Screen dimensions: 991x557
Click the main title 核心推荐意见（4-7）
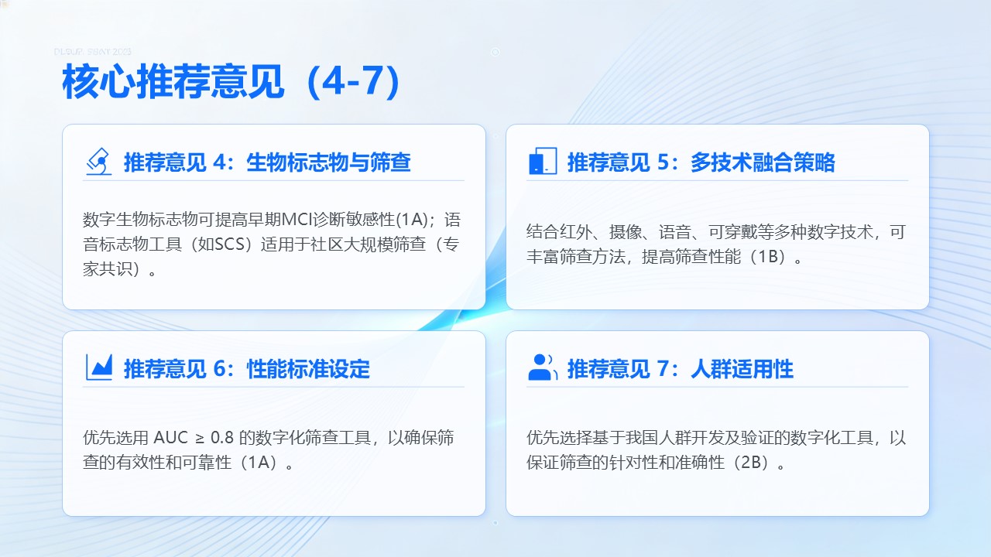coord(231,82)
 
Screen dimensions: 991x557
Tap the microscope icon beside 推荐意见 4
coord(99,162)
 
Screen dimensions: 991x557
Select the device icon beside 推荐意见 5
coord(543,161)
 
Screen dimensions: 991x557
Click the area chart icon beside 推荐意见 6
coord(99,367)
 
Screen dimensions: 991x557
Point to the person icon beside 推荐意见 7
coord(543,367)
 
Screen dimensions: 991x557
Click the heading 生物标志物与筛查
coord(329,162)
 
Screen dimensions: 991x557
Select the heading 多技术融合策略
coord(763,162)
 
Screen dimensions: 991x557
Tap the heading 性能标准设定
coord(308,369)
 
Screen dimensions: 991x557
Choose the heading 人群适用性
coord(742,369)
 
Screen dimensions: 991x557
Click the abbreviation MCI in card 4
coord(297,220)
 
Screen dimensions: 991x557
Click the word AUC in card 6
coord(171,438)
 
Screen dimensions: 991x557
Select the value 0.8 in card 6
coord(222,438)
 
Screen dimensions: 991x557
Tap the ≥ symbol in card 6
coord(200,438)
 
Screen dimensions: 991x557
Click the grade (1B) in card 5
coord(768,257)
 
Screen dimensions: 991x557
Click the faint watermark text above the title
coord(92,52)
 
